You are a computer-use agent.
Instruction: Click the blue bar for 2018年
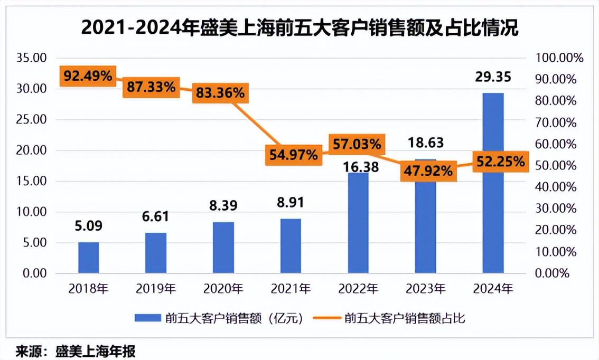point(88,258)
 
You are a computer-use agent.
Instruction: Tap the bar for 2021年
point(291,246)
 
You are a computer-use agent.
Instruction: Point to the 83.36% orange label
point(221,93)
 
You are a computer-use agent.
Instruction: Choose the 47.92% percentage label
point(428,171)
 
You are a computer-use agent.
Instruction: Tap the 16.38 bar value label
point(358,167)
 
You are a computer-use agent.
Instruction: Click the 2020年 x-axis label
point(223,289)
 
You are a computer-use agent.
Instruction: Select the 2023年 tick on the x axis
point(426,289)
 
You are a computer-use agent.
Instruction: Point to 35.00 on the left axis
point(32,58)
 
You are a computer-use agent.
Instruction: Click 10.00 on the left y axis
point(32,212)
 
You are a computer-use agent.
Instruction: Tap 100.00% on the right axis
point(559,58)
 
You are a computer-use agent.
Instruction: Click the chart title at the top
point(299,27)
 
